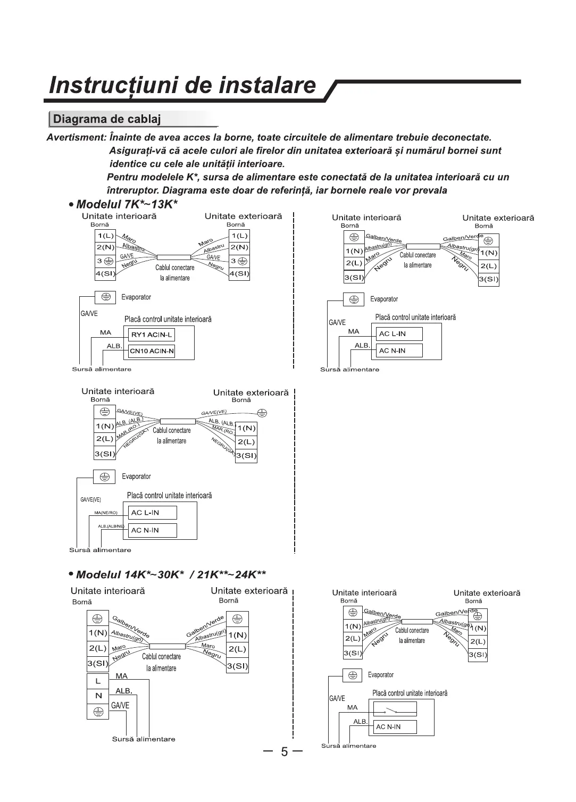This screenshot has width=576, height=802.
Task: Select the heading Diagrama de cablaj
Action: point(107,119)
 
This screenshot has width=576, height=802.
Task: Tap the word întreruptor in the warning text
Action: point(133,190)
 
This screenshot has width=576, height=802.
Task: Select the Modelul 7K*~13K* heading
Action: point(127,205)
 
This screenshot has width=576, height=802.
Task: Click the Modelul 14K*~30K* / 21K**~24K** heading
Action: point(170,574)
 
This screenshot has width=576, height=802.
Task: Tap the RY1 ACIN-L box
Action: point(152,335)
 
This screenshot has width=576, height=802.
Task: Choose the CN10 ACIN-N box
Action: point(152,351)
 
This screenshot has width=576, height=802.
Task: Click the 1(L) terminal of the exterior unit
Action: point(239,236)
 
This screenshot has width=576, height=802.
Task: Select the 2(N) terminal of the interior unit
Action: point(105,247)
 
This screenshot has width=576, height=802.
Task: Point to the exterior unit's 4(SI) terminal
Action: point(239,274)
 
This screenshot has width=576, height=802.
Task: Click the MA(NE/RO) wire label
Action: point(105,513)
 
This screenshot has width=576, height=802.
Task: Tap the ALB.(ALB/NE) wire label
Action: point(111,527)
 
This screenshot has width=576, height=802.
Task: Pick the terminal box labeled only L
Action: point(98,681)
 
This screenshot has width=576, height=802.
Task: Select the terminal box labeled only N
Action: point(98,696)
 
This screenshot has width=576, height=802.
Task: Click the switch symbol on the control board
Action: point(395,709)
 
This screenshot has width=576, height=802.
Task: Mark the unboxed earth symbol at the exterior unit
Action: point(262,413)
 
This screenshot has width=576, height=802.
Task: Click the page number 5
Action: point(284,752)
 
